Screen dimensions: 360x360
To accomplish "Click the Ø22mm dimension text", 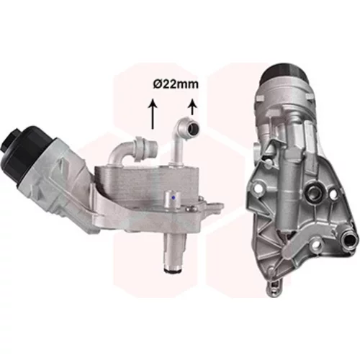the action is pos(176,84).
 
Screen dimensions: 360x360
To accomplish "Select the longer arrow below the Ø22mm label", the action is pos(153,114).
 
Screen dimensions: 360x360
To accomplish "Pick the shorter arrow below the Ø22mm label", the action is pos(192,107).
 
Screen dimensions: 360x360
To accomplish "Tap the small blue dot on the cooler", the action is pos(174,198).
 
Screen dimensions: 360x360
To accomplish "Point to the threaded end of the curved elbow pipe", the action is pos(153,145).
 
